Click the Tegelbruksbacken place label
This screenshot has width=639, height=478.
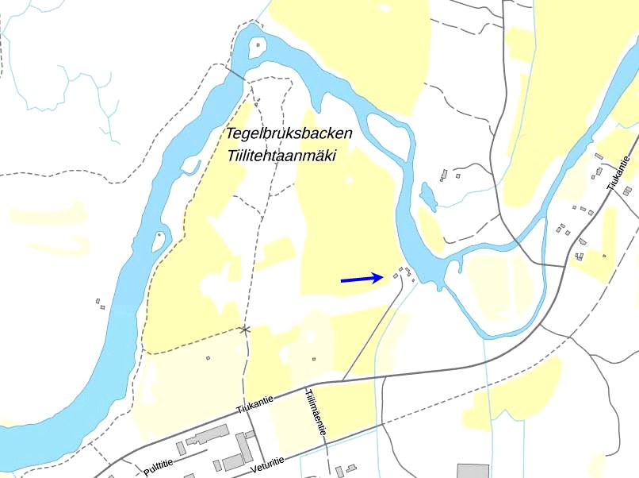(x=289, y=133)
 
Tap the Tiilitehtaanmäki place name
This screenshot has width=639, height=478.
(x=281, y=156)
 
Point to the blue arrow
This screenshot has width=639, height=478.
(x=362, y=278)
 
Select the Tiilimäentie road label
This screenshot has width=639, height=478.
(x=316, y=411)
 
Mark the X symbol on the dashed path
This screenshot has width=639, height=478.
(x=245, y=329)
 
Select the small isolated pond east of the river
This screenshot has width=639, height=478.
(x=427, y=196)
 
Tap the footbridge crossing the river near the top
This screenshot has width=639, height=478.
(x=235, y=72)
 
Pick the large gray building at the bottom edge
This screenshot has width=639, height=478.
(x=473, y=471)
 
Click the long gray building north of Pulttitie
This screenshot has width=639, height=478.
(x=206, y=435)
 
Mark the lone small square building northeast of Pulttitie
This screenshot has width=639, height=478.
(x=208, y=358)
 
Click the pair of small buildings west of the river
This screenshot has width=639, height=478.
(x=99, y=303)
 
